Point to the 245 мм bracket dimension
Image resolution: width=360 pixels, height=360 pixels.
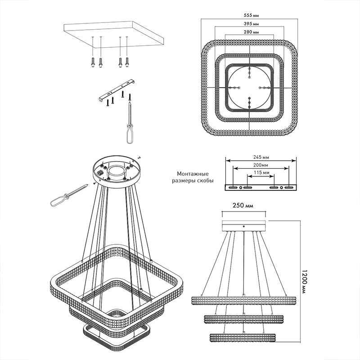261,157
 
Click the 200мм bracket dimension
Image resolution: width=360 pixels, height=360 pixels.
261,165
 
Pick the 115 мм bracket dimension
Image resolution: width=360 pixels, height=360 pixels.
261,172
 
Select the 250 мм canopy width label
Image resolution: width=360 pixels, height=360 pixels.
243,205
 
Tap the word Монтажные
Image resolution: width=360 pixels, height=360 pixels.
193,174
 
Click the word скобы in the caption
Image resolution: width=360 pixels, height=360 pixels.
206,181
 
